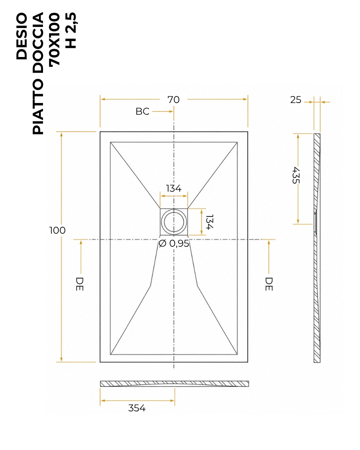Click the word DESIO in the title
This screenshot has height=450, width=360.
tap(22, 36)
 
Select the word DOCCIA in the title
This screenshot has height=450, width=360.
tap(38, 42)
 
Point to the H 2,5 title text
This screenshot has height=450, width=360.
tap(71, 30)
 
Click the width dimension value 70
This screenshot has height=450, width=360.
tap(173, 100)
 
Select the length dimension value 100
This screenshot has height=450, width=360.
tap(57, 230)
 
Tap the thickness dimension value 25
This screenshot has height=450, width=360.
tap(296, 100)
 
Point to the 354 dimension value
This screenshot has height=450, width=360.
tap(137, 408)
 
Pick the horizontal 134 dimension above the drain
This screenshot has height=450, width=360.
tap(174, 188)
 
